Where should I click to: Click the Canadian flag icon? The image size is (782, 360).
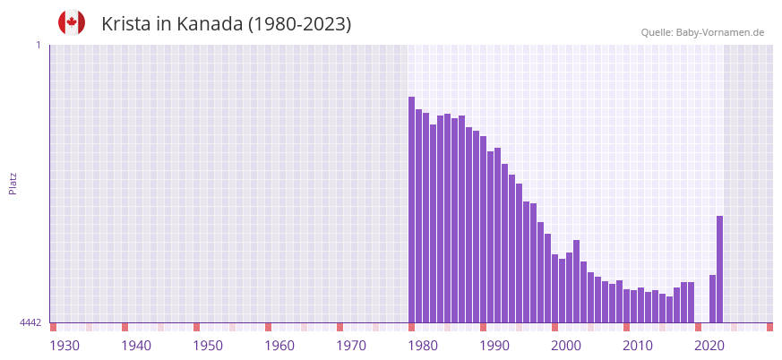[72, 22]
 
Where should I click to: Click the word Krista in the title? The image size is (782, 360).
[125, 24]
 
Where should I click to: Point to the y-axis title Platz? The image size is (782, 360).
[13, 183]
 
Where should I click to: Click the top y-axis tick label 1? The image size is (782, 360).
[38, 45]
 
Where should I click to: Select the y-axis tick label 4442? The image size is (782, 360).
[30, 322]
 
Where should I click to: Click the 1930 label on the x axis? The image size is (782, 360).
[64, 346]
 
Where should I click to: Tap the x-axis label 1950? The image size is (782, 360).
[208, 346]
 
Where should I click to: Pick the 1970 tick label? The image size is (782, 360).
[351, 346]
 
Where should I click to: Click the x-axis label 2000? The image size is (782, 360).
[566, 346]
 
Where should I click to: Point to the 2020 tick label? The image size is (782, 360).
[709, 346]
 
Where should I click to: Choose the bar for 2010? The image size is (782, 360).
[626, 305]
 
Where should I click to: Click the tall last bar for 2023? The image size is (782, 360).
[719, 269]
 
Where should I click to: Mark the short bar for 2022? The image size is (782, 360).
[712, 298]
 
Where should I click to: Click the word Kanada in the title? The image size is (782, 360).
[209, 24]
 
